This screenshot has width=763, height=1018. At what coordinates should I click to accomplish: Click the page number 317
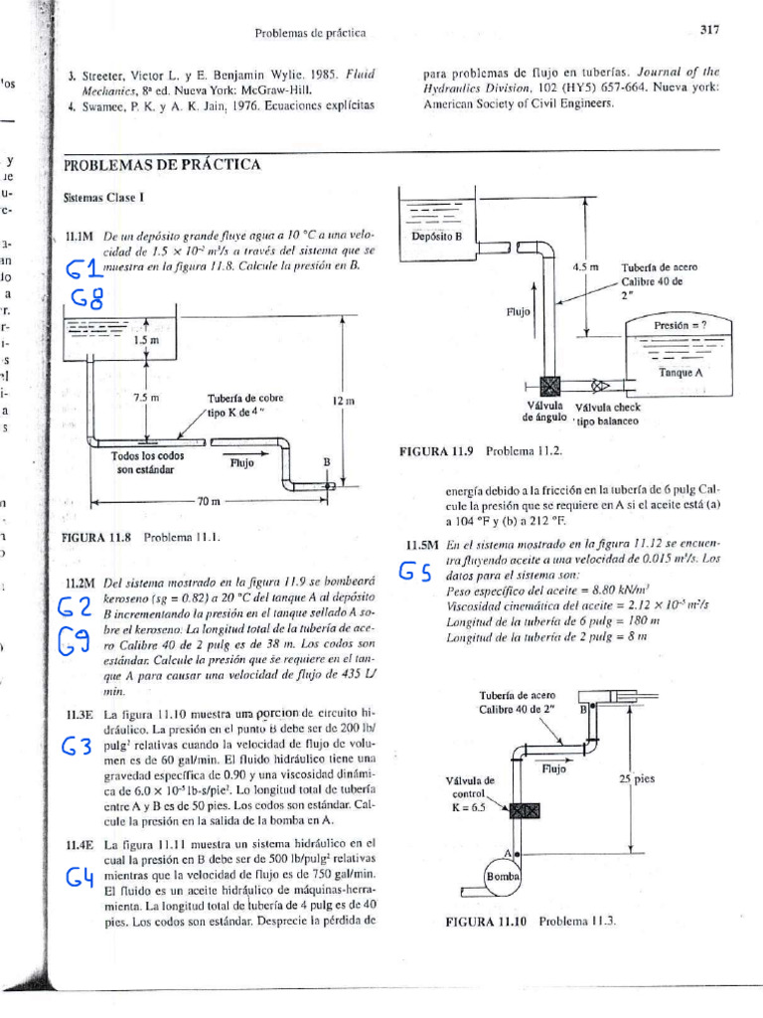coord(708,31)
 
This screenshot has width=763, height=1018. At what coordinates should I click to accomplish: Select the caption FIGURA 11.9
coord(437,450)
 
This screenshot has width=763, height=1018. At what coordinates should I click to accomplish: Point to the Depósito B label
coord(438,237)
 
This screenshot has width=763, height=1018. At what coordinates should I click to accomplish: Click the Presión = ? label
coord(679,324)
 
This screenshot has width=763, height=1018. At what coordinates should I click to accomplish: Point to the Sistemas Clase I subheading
coord(98,199)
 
